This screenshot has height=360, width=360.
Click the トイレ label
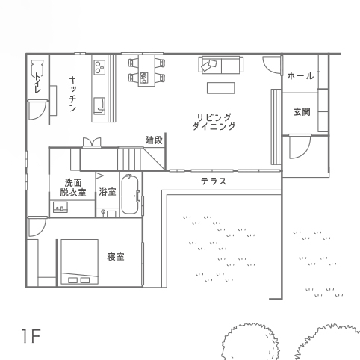click(37, 82)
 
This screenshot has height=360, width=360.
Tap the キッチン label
click(72, 94)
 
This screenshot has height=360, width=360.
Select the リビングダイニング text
click(214, 122)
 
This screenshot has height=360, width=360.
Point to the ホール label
click(300, 75)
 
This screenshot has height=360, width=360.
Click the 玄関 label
click(302, 112)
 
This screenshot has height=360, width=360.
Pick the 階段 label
click(154, 140)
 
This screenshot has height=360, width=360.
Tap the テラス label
click(214, 181)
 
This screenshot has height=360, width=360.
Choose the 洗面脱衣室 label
click(73, 187)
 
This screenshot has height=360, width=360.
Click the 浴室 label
click(108, 192)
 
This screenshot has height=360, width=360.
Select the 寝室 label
click(116, 257)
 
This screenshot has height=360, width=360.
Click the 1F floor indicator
click(31, 336)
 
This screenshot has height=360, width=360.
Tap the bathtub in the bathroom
click(130, 194)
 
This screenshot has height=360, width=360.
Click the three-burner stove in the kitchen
click(99, 67)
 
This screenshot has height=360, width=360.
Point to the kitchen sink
click(99, 106)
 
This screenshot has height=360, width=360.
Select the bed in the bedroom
click(80, 261)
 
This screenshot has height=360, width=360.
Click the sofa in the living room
click(221, 65)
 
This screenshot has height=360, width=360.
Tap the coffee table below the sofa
click(221, 88)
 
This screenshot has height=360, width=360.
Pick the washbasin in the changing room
click(60, 208)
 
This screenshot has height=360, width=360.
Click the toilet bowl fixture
click(37, 68)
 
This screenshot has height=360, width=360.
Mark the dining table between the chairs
click(146, 70)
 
